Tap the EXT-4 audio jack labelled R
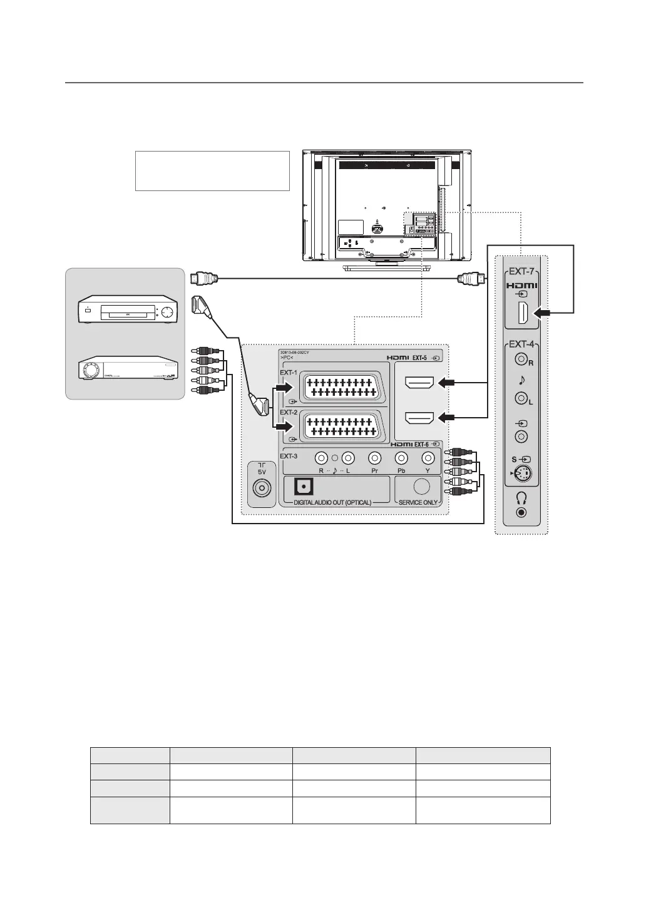tap(520, 359)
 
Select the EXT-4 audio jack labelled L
tap(520, 397)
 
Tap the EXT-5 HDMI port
tap(420, 381)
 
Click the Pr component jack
tap(375, 458)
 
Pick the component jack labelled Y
tap(428, 458)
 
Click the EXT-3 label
tap(290, 455)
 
